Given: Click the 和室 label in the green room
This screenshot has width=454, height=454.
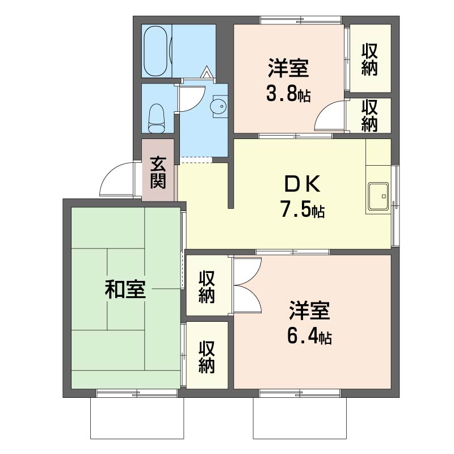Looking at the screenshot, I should tap(125, 290).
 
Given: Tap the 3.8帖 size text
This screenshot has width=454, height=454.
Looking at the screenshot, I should tap(288, 94).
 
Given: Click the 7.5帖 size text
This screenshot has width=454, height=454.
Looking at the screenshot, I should tap(302, 211).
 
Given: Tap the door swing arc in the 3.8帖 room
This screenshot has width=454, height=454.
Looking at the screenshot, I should tap(330, 116).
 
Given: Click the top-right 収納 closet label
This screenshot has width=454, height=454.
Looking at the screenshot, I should tap(370, 58).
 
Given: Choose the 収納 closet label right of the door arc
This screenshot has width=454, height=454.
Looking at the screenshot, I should tap(370, 115).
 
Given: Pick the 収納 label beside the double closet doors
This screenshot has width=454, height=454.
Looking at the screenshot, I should tap(207, 287).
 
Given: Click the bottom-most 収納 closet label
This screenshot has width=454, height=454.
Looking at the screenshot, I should tap(207, 356).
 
